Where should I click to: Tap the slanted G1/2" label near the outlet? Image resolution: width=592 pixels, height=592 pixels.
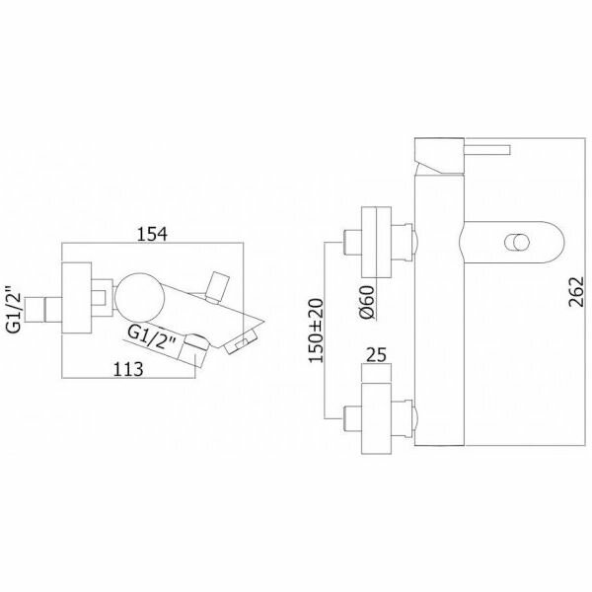153,338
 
